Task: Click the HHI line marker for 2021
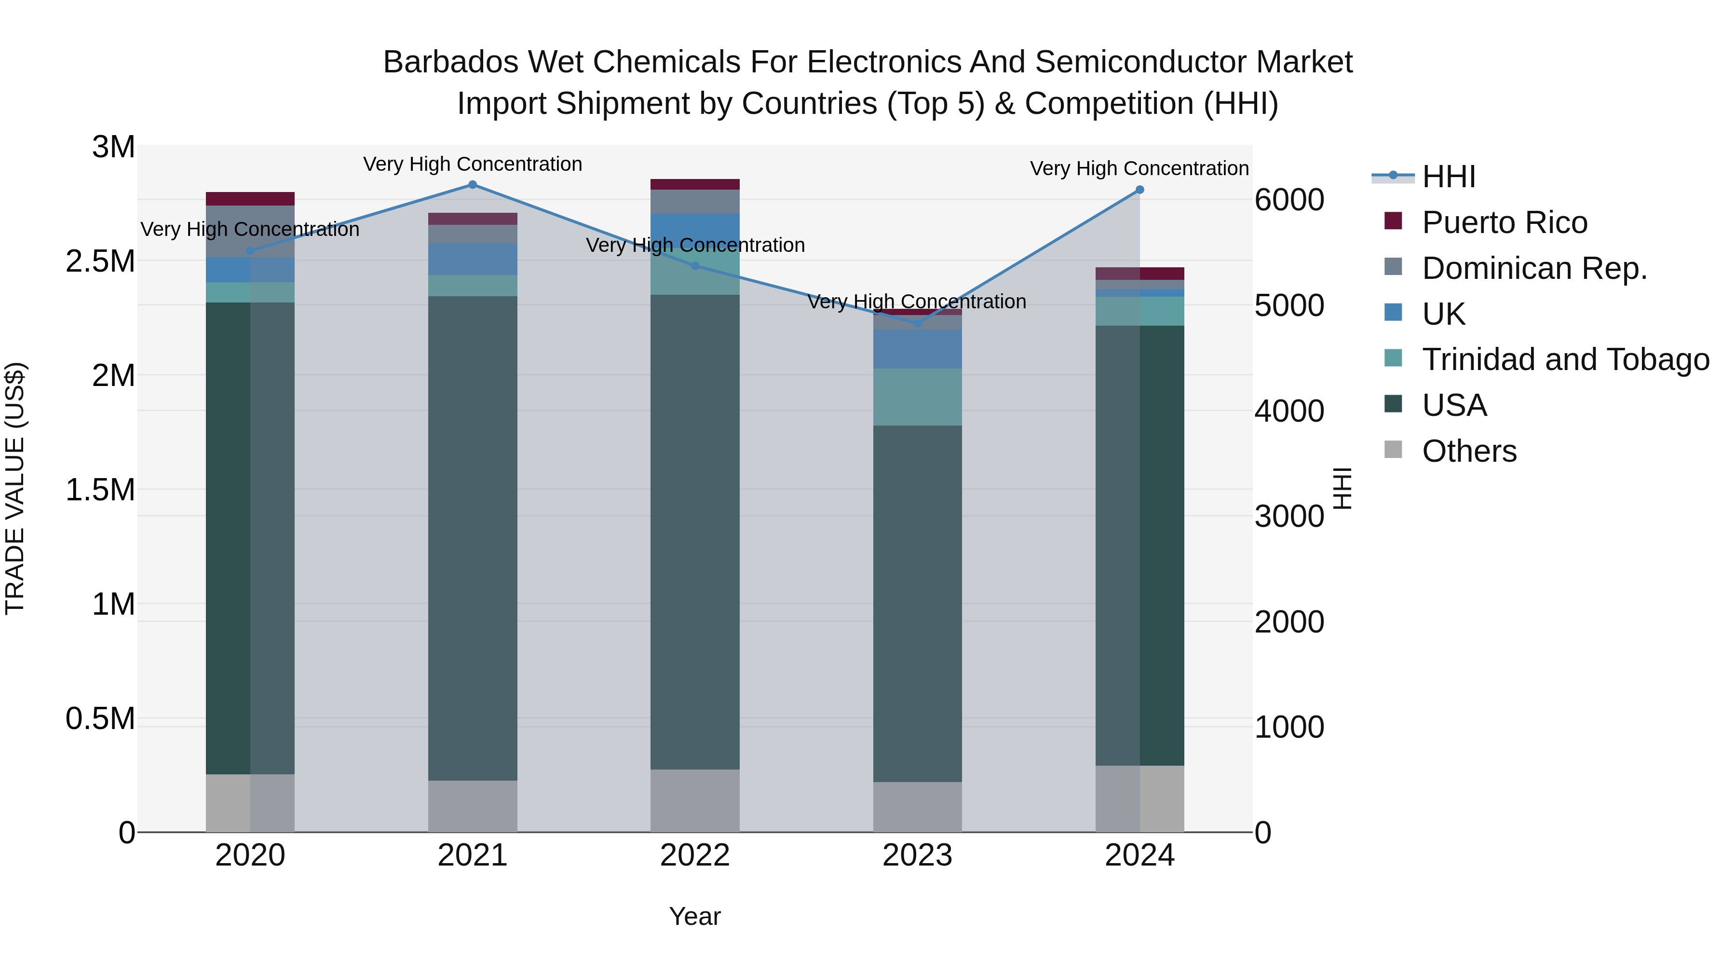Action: [473, 185]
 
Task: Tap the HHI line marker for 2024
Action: [1139, 190]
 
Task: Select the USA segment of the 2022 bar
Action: [695, 533]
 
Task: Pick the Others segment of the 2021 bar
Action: [473, 806]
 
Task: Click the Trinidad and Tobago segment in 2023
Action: [917, 397]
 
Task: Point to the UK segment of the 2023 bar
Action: [917, 349]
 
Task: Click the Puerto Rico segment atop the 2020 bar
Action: [250, 199]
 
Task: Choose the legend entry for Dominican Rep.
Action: [1534, 268]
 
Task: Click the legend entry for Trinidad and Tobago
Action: [1565, 359]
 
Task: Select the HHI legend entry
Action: [1448, 177]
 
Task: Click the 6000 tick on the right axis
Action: [1289, 200]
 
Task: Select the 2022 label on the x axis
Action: [695, 855]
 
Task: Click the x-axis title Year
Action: [695, 916]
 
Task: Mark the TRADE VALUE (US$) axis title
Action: [15, 488]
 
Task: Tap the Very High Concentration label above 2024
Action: [1139, 168]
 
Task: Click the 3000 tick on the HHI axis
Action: [1289, 516]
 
